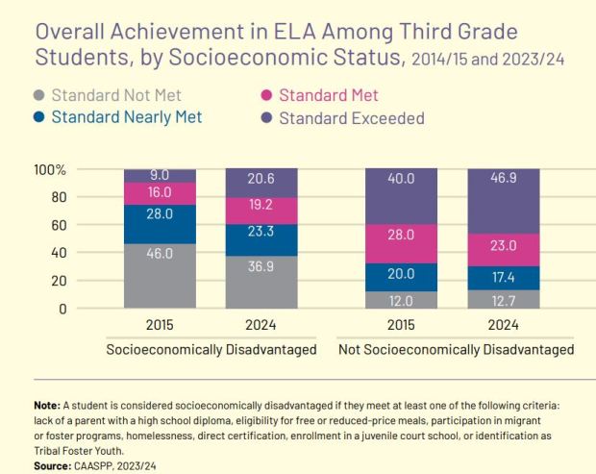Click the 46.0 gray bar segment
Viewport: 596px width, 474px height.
(x=159, y=276)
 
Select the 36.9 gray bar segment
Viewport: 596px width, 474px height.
(x=261, y=282)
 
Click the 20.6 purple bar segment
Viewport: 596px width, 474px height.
(x=261, y=183)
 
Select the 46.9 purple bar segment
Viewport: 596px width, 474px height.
(x=503, y=200)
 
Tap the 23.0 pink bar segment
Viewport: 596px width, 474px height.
(x=503, y=249)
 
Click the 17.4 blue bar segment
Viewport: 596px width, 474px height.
(x=503, y=278)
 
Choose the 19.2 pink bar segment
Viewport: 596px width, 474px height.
(x=261, y=211)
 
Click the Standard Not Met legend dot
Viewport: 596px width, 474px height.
(x=37, y=96)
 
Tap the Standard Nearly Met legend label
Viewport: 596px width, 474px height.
(x=126, y=118)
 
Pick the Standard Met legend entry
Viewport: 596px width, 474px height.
(x=328, y=96)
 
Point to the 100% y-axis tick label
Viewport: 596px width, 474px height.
(x=50, y=170)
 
